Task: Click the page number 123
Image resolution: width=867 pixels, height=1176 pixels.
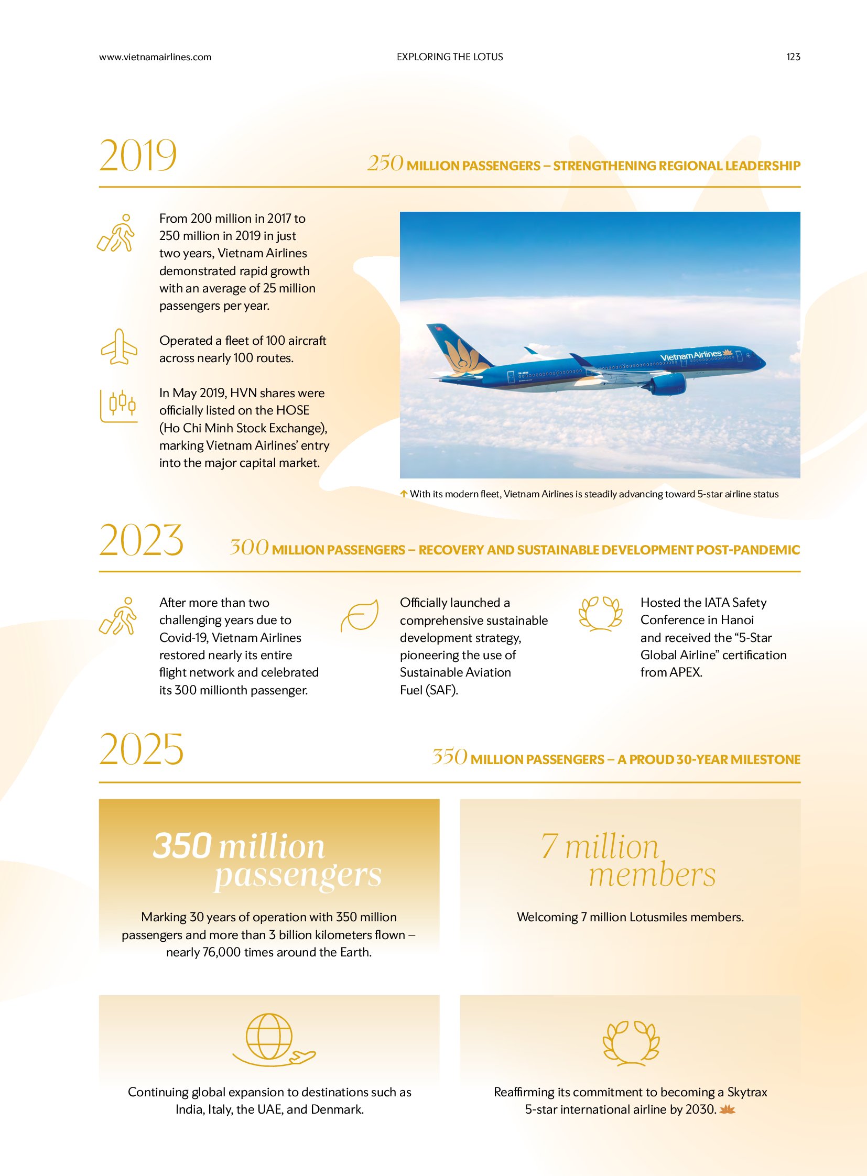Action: (x=793, y=57)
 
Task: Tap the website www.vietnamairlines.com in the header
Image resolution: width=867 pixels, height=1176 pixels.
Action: (x=155, y=57)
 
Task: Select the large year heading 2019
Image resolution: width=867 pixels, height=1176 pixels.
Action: (x=138, y=155)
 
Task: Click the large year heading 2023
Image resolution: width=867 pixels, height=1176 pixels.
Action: (x=141, y=540)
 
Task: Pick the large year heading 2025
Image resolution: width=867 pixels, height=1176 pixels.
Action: (x=141, y=749)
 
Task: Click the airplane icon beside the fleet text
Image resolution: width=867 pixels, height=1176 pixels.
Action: (x=119, y=347)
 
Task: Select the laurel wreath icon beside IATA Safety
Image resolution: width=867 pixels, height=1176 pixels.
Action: (x=600, y=614)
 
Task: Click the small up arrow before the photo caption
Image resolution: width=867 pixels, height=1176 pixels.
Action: (x=404, y=494)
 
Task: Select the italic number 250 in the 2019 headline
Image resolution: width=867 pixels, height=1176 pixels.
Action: (x=385, y=163)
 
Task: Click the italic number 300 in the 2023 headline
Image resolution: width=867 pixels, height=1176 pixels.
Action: (x=249, y=547)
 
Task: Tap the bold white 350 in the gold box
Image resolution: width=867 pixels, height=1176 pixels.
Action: (x=182, y=846)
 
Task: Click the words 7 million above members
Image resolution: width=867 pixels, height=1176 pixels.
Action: (x=599, y=846)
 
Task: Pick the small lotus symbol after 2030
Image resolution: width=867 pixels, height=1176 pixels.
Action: (x=728, y=1109)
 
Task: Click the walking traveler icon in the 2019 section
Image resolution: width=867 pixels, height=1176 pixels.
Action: (x=116, y=233)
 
